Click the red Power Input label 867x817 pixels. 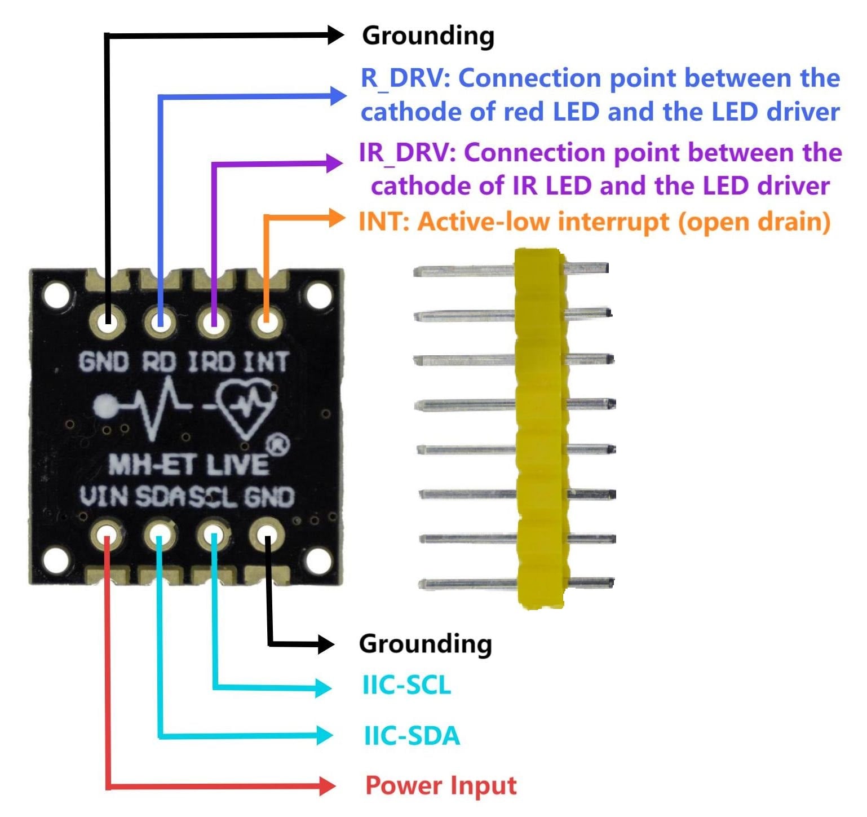click(x=441, y=785)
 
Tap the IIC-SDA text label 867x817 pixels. click(x=412, y=736)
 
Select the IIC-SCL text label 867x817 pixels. click(x=406, y=686)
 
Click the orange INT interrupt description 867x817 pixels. click(x=594, y=222)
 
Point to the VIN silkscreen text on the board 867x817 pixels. click(x=104, y=497)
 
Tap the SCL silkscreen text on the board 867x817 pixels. click(x=213, y=497)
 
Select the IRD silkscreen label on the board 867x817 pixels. click(x=211, y=362)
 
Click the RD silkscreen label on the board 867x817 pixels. click(x=158, y=362)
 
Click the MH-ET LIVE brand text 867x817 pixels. click(x=188, y=465)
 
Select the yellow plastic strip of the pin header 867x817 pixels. click(x=540, y=429)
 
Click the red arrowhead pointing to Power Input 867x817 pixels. click(x=327, y=785)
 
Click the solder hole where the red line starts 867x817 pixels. click(x=107, y=535)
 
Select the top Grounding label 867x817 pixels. click(x=428, y=36)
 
